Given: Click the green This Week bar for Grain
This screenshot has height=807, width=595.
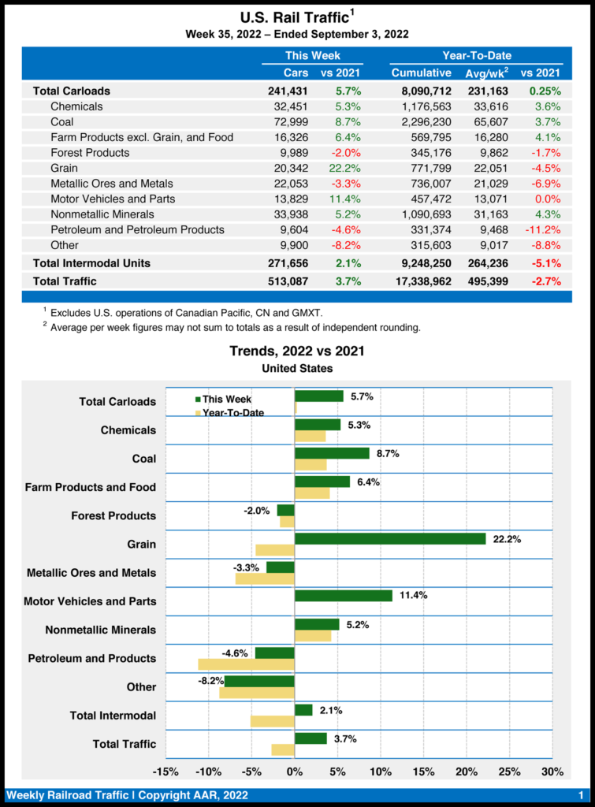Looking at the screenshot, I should (x=390, y=539).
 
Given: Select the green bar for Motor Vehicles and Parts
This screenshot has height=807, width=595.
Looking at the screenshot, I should (x=344, y=596).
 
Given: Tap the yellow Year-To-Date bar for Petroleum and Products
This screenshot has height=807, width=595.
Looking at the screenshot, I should (x=246, y=664).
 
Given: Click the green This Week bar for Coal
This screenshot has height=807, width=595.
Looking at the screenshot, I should (x=332, y=453).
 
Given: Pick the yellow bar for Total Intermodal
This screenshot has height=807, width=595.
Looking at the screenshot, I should (x=273, y=721).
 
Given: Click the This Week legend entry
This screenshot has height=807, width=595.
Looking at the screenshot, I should (x=224, y=399).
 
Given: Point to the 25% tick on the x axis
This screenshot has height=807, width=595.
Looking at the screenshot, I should (x=509, y=772).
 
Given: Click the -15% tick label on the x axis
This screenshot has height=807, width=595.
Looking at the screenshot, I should (x=165, y=772).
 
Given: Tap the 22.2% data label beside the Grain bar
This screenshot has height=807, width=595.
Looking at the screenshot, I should (x=507, y=539).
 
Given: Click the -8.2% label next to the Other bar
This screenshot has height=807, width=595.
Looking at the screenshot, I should (x=210, y=681).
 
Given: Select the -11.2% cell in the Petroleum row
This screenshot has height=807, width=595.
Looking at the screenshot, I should (x=541, y=230).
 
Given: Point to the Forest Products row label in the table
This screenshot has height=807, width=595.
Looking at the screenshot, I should (x=90, y=153).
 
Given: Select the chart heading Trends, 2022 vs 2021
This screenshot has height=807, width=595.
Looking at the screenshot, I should (x=297, y=351).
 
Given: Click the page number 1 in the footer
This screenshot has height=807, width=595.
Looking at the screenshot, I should (x=581, y=795).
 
